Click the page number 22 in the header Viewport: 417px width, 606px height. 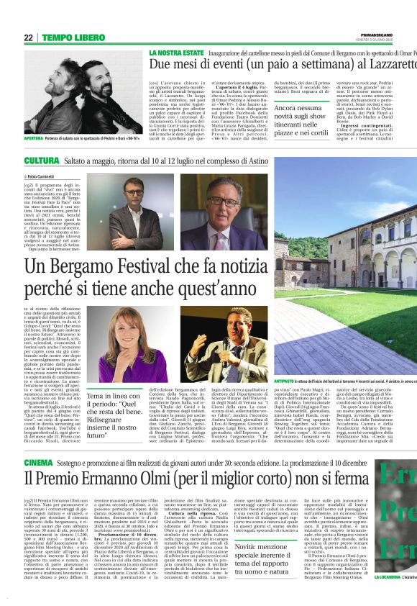[28, 37]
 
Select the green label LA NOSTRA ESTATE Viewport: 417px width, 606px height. [175, 53]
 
